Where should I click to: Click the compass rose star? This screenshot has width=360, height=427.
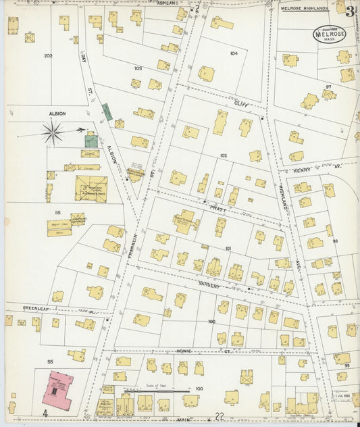[51, 132]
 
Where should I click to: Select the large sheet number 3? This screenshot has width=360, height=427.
[351, 11]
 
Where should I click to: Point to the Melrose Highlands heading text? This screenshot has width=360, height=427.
[303, 8]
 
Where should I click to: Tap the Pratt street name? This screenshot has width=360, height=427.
[215, 209]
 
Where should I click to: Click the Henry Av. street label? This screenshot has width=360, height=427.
[305, 170]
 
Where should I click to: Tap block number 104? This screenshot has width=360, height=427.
[234, 53]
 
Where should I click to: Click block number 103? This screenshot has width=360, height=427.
[138, 68]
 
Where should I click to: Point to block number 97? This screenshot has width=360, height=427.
[328, 87]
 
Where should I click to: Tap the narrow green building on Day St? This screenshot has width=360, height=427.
[107, 112]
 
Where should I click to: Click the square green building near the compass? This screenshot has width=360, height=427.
[91, 141]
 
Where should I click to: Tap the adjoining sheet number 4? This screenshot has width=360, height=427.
[45, 412]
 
